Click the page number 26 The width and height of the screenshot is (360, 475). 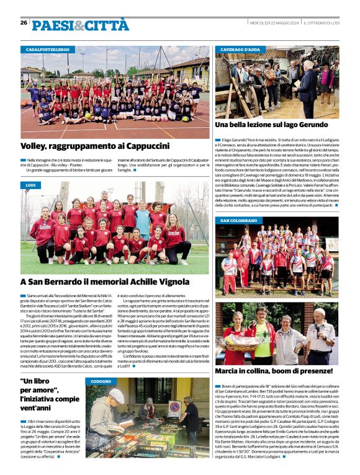[x=24, y=22]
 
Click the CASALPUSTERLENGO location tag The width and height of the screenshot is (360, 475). [x=47, y=49]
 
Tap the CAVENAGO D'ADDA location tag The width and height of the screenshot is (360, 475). [x=240, y=49]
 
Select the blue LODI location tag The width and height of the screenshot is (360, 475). [x=31, y=185]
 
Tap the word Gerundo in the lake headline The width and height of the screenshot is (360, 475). [x=308, y=125]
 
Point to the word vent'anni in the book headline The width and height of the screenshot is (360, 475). [x=43, y=407]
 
